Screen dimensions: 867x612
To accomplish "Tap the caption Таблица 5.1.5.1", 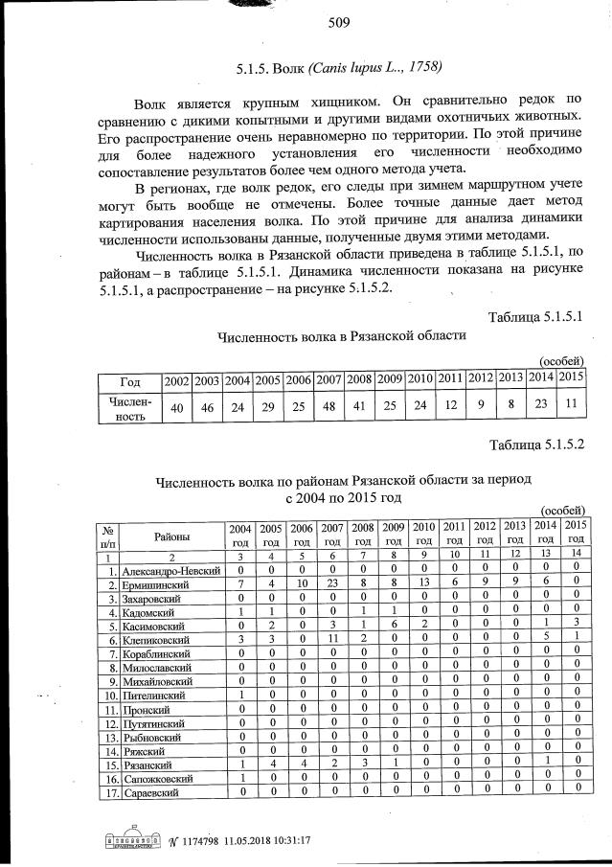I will point(536,316).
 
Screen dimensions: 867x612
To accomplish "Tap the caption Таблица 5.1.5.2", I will point(536,445).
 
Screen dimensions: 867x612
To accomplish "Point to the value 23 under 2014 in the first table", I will point(543,405).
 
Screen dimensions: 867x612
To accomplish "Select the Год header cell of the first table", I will point(130,380).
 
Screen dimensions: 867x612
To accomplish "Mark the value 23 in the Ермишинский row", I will point(332,583).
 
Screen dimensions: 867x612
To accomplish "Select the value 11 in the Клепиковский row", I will point(332,638).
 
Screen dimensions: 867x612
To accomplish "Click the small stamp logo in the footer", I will point(130,841).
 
